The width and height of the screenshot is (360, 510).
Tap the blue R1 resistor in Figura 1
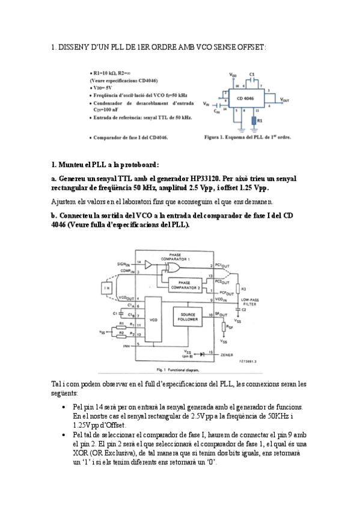252,121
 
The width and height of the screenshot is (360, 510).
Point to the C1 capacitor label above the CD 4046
252,74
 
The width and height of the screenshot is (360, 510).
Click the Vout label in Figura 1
284,100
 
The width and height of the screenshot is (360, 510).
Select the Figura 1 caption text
247,138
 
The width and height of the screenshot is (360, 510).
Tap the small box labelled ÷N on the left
107,288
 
